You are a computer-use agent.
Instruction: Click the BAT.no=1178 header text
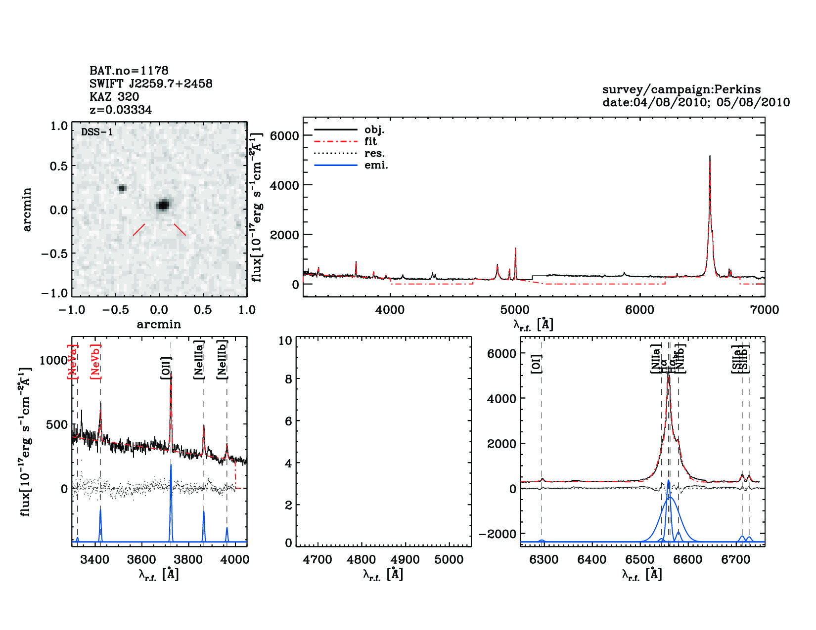(x=129, y=71)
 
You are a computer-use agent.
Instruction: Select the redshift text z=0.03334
(x=121, y=110)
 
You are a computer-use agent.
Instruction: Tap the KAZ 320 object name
(x=114, y=97)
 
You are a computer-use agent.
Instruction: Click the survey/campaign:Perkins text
(x=681, y=89)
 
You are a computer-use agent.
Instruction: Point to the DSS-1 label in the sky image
(x=97, y=132)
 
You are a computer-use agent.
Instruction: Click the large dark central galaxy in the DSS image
(x=163, y=205)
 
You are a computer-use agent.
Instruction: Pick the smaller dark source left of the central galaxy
(x=122, y=188)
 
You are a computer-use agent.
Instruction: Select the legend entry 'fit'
(x=370, y=141)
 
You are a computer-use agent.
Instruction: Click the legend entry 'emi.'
(x=376, y=165)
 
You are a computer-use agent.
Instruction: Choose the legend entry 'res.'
(x=374, y=153)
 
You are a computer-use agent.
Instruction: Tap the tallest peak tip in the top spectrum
(x=710, y=156)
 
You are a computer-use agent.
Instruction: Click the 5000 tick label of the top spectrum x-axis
(x=515, y=310)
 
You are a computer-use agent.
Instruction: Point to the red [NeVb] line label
(x=95, y=362)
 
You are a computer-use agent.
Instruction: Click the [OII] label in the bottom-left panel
(x=166, y=368)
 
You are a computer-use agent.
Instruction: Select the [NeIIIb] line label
(x=223, y=359)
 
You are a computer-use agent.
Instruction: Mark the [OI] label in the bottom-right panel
(x=537, y=363)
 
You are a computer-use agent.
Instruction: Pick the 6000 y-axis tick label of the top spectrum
(x=284, y=136)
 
